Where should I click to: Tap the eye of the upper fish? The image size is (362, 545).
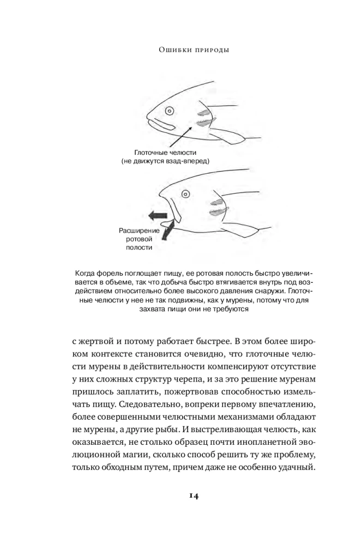pyautogui.click(x=170, y=111)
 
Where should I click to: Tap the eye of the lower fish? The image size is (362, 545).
pyautogui.click(x=185, y=193)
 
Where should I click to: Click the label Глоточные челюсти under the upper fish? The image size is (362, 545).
pyautogui.click(x=165, y=153)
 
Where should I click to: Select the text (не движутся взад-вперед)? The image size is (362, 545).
pyautogui.click(x=165, y=162)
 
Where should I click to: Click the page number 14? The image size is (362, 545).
pyautogui.click(x=180, y=495)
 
